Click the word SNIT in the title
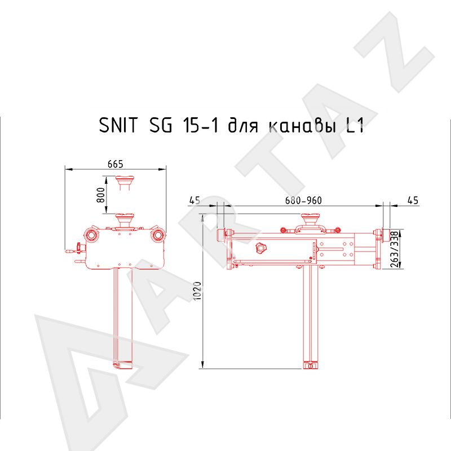pos(118,125)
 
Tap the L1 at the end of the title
pos(353,125)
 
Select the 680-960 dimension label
pos(303,201)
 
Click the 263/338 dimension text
pos(393,249)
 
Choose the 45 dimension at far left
pos(194,201)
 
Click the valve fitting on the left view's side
pos(74,248)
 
